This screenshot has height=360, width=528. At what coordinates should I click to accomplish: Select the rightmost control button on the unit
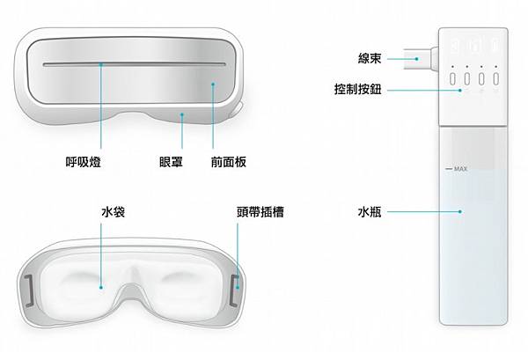(x=496, y=78)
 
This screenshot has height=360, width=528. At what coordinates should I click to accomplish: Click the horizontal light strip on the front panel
(x=132, y=64)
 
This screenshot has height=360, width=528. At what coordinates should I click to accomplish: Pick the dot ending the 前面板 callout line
(x=213, y=85)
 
